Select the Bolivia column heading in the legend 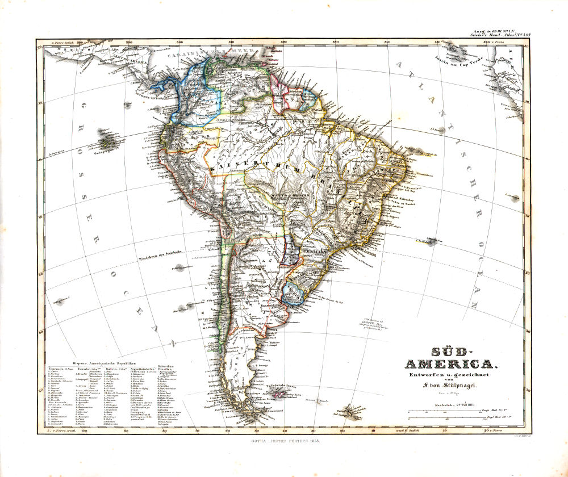point(114,369)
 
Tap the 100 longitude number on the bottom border point(85,432)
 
